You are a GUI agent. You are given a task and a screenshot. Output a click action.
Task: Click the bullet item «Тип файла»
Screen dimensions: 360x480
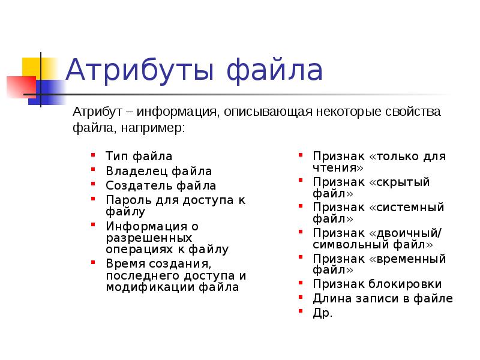(x=139, y=157)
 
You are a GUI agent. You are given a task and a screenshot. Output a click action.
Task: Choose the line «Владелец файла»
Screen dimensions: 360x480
(x=158, y=172)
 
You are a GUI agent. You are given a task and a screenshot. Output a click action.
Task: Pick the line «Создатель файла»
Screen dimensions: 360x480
(x=161, y=186)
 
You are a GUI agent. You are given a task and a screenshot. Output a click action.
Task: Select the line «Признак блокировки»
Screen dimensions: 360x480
(x=377, y=284)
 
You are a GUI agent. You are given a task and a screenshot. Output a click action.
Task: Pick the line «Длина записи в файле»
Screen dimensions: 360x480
(x=383, y=299)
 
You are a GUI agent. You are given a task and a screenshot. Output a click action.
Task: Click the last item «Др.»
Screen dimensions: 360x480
(x=322, y=313)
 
